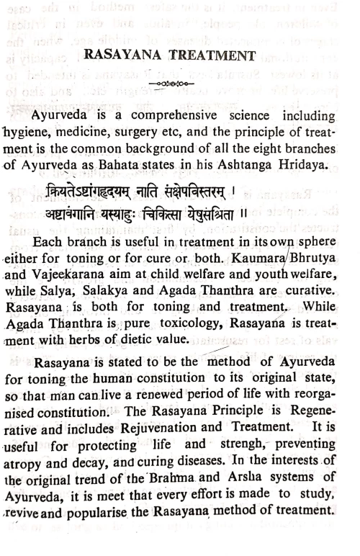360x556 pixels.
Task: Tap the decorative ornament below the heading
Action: tap(180, 83)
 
